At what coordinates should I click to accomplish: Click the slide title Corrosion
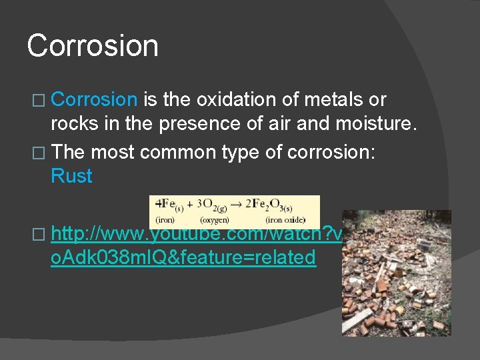[93, 46]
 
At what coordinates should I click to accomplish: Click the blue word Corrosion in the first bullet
[93, 100]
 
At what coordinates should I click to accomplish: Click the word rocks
[74, 124]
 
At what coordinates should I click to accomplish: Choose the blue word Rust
[71, 176]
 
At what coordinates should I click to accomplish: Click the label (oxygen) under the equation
[215, 219]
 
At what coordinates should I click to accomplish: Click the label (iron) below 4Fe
[165, 219]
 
